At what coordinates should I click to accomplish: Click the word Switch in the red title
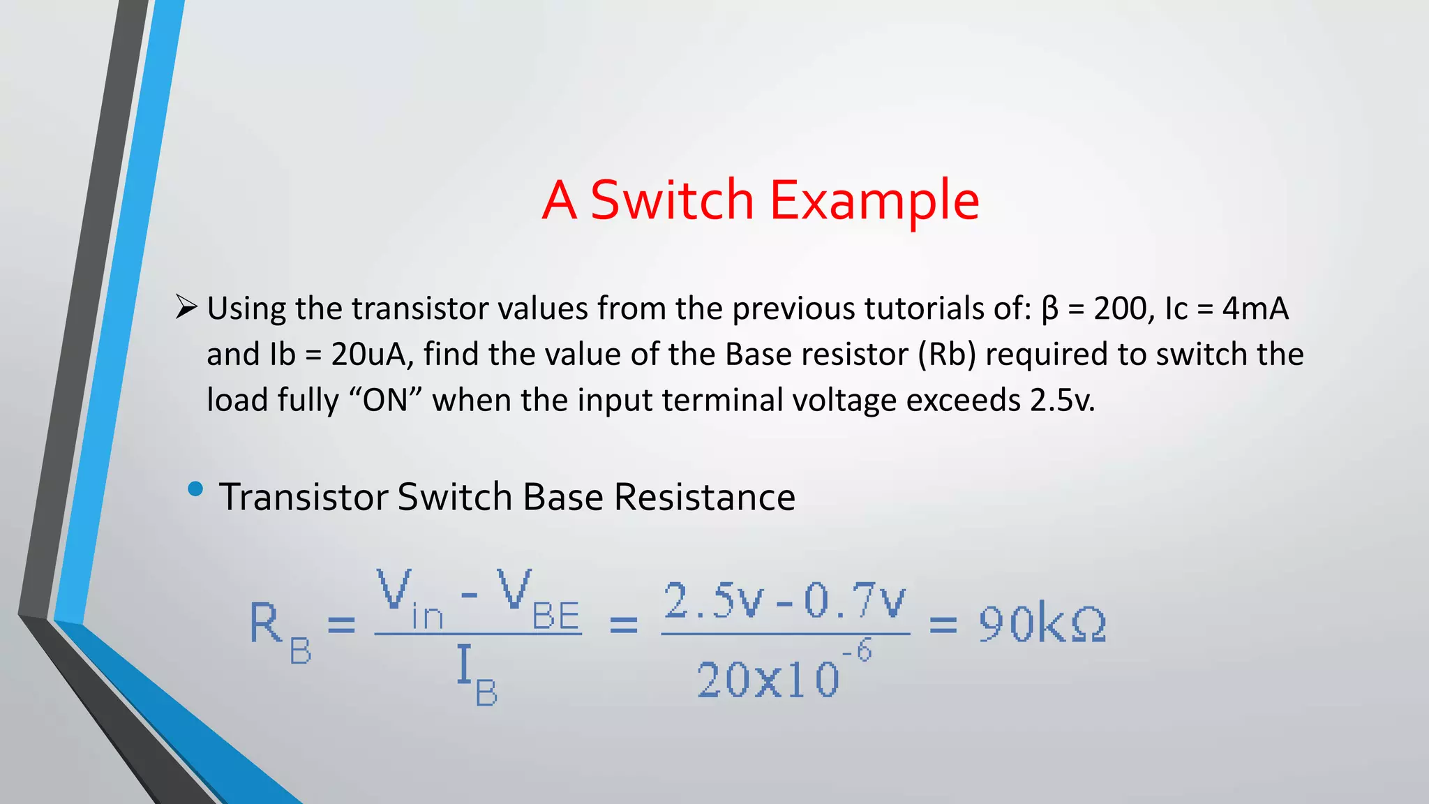(x=672, y=200)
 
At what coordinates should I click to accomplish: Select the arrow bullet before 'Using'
(x=186, y=307)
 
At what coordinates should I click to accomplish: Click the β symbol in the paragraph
(x=1049, y=309)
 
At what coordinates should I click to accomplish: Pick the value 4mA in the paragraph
(x=1255, y=308)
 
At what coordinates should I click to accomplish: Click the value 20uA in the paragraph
(x=368, y=355)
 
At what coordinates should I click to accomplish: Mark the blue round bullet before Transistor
(x=195, y=489)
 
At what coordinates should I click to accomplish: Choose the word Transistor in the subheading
(x=304, y=497)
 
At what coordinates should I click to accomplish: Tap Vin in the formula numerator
(x=409, y=600)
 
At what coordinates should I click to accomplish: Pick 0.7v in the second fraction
(x=854, y=601)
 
